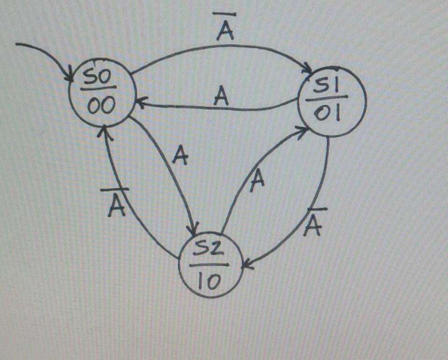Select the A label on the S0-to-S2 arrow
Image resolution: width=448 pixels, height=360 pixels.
pyautogui.click(x=179, y=155)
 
